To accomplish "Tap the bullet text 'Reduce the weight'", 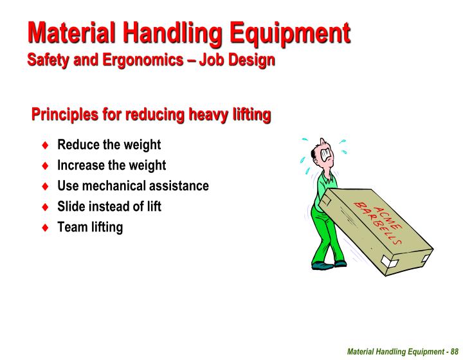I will tap(109, 145).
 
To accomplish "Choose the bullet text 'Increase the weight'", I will tap(111, 165).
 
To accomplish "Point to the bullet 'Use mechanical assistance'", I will tap(133, 186).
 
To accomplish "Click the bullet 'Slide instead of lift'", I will tap(109, 206).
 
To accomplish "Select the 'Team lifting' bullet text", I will tap(90, 227).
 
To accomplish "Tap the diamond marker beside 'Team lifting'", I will tap(45, 228).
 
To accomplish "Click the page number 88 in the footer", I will tap(453, 351).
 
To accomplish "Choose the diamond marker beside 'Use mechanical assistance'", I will tap(45, 186).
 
